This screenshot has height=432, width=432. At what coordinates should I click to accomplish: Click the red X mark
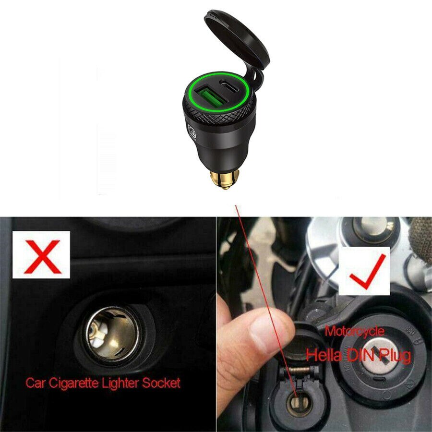click(x=42, y=257)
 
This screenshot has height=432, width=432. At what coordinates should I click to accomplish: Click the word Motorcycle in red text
click(x=355, y=331)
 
